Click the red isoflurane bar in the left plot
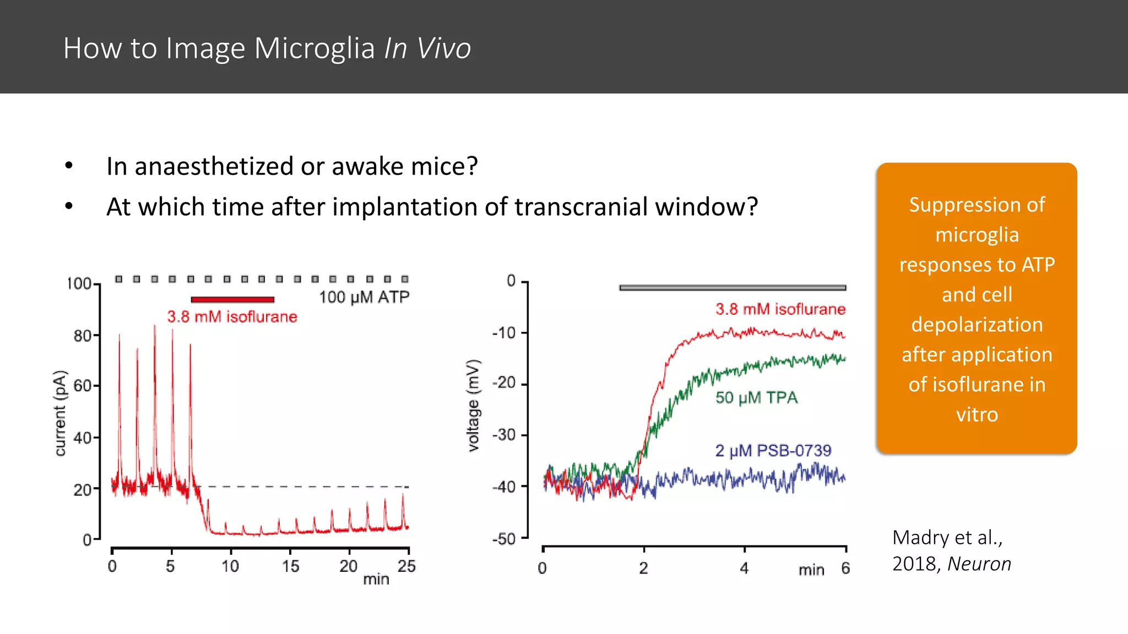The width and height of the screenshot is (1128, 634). point(232,299)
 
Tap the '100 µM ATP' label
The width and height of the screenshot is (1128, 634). point(364,297)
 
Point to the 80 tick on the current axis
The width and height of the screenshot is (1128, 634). point(83,336)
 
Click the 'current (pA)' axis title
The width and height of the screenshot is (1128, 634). point(60,413)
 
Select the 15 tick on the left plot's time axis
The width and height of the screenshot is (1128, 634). point(290,566)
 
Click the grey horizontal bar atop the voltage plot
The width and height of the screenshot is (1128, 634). point(732,287)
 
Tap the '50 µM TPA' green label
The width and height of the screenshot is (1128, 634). point(756,397)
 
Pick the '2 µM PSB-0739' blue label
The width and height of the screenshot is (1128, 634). point(773,451)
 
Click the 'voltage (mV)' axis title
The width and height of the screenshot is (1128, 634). point(473,406)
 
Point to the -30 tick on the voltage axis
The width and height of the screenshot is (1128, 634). point(504,435)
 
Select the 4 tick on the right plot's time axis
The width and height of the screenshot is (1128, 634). point(744,568)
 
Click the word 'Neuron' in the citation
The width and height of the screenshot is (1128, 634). point(979,564)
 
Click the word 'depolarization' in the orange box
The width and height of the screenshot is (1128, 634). point(977,325)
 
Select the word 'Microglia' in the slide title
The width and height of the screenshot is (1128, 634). point(314,48)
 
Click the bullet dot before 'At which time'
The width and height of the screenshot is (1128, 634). point(69,206)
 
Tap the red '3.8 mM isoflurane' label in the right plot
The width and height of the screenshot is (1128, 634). point(780,309)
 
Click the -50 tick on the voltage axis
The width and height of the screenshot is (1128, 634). point(504,539)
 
